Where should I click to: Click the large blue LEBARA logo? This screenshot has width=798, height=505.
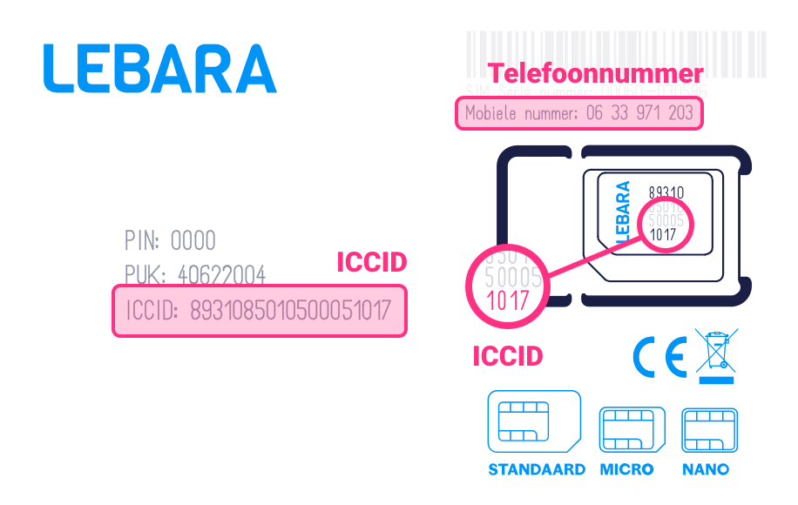pyautogui.click(x=159, y=68)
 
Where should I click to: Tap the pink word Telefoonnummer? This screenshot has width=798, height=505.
pyautogui.click(x=595, y=72)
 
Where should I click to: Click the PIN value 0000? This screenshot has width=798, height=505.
pyautogui.click(x=193, y=240)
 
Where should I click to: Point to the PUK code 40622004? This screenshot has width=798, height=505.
pyautogui.click(x=221, y=275)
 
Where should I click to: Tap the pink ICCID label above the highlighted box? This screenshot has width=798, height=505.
pyautogui.click(x=372, y=262)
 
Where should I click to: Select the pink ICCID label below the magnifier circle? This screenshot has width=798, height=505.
pyautogui.click(x=507, y=355)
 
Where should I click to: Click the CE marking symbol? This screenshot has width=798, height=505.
pyautogui.click(x=659, y=358)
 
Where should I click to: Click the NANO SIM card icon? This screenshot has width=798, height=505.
pyautogui.click(x=707, y=429)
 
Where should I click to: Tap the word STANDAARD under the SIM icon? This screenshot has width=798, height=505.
pyautogui.click(x=537, y=469)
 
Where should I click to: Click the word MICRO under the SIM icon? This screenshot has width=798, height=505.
pyautogui.click(x=627, y=469)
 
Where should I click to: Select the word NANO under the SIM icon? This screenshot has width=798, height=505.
pyautogui.click(x=707, y=469)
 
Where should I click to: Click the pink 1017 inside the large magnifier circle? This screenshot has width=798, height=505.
pyautogui.click(x=501, y=301)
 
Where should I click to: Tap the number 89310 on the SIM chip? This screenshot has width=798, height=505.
pyautogui.click(x=666, y=193)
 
